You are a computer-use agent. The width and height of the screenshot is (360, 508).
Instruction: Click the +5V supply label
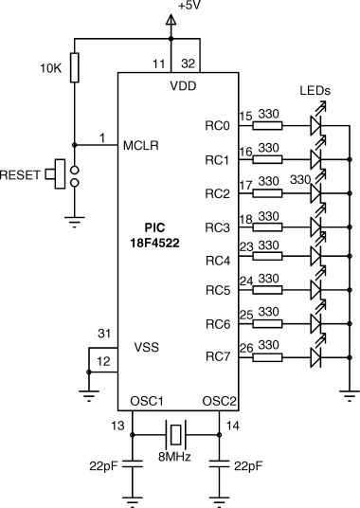(189, 5)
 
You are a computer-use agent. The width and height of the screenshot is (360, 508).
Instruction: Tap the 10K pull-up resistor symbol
(75, 67)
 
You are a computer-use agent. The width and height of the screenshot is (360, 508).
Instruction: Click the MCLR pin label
(141, 146)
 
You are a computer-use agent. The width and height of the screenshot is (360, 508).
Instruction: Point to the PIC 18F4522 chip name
(154, 235)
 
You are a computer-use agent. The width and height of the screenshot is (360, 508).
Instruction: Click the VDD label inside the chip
(183, 86)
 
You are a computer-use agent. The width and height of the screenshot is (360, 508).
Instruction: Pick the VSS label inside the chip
(147, 347)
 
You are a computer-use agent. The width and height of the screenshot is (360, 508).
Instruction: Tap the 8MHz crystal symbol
(176, 435)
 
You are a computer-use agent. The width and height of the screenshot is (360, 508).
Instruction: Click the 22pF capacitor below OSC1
(132, 464)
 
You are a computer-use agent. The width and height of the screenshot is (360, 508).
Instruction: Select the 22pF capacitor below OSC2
(219, 464)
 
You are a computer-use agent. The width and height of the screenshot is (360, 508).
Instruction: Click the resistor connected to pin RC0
(267, 126)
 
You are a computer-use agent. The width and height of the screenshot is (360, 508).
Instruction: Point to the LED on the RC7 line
(316, 357)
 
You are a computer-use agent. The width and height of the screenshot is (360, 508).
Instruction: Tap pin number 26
(246, 348)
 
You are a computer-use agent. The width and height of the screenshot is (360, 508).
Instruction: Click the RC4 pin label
(218, 261)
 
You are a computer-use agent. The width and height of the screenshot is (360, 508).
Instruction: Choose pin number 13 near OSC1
(117, 426)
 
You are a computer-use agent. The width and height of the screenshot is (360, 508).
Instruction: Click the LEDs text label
(315, 91)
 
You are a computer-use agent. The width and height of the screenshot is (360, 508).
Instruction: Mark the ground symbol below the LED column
(350, 395)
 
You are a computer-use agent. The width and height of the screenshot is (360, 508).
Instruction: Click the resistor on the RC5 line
(267, 290)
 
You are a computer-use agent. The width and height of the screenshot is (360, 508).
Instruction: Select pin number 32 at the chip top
(189, 63)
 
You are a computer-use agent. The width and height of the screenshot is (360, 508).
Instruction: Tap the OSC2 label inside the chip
(220, 402)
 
